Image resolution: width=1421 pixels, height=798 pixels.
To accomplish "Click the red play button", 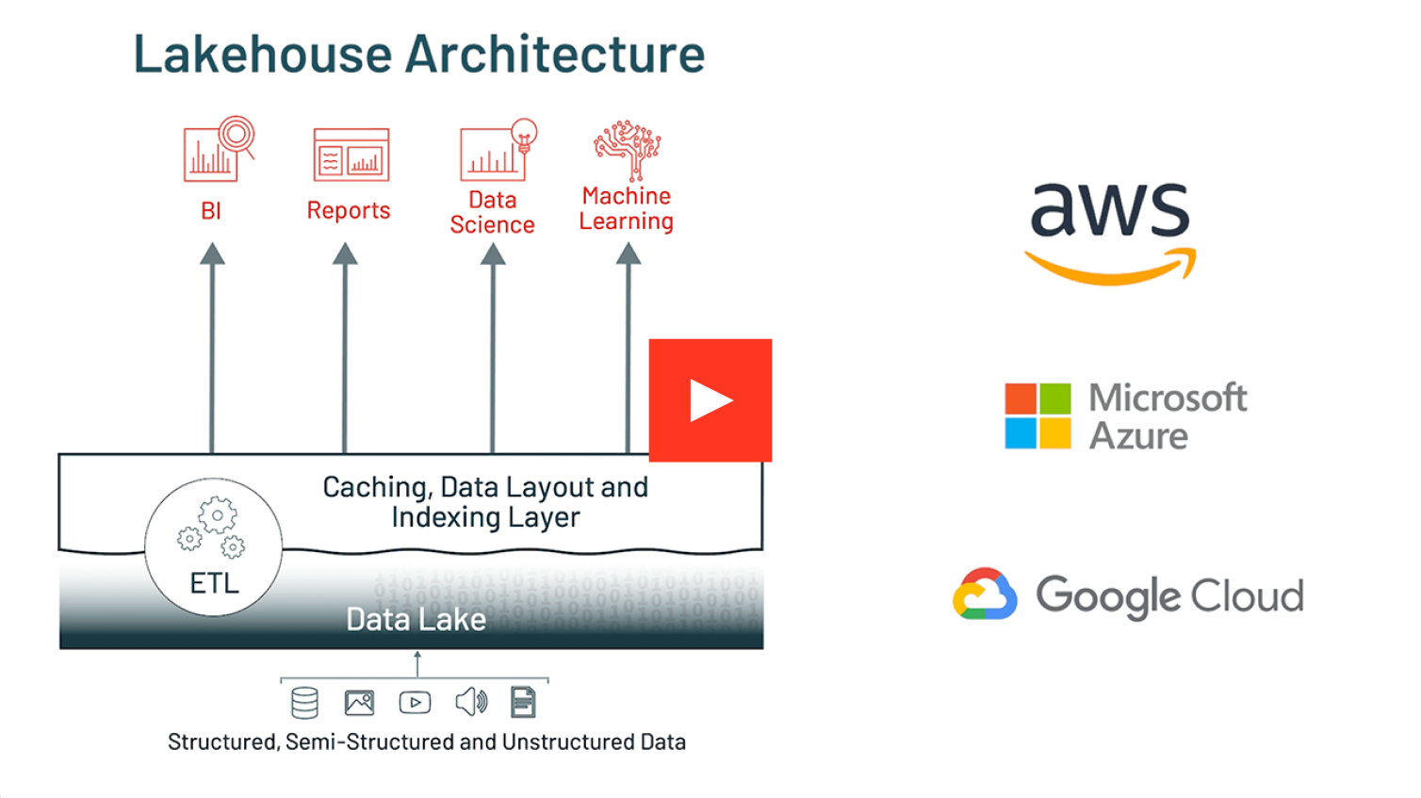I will pyautogui.click(x=710, y=400).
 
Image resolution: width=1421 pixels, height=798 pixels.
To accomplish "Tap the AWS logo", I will pyautogui.click(x=1110, y=232).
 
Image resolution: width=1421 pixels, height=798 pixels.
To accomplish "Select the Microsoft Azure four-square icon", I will pyautogui.click(x=1037, y=415).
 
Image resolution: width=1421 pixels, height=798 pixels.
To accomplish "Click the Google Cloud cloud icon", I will pyautogui.click(x=985, y=594).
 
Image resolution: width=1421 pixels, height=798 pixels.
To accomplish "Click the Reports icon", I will pyautogui.click(x=351, y=155).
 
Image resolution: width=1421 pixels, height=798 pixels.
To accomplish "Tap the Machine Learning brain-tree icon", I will pyautogui.click(x=627, y=149).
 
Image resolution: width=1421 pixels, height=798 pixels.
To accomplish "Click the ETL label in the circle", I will pyautogui.click(x=214, y=583).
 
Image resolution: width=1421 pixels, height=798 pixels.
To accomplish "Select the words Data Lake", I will pyautogui.click(x=416, y=619).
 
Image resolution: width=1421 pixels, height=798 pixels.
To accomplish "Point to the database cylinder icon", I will pyautogui.click(x=304, y=703).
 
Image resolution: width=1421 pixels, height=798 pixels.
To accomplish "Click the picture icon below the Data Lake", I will pyautogui.click(x=359, y=703).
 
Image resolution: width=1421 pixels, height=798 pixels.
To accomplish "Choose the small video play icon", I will pyautogui.click(x=415, y=703).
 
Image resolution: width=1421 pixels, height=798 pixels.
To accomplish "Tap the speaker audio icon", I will pyautogui.click(x=471, y=702).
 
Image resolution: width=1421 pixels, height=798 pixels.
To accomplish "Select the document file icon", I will pyautogui.click(x=523, y=703).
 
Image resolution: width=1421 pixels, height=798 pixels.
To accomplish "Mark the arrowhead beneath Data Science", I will pyautogui.click(x=493, y=254).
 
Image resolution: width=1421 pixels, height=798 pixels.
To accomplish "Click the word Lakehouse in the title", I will pyautogui.click(x=262, y=54).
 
